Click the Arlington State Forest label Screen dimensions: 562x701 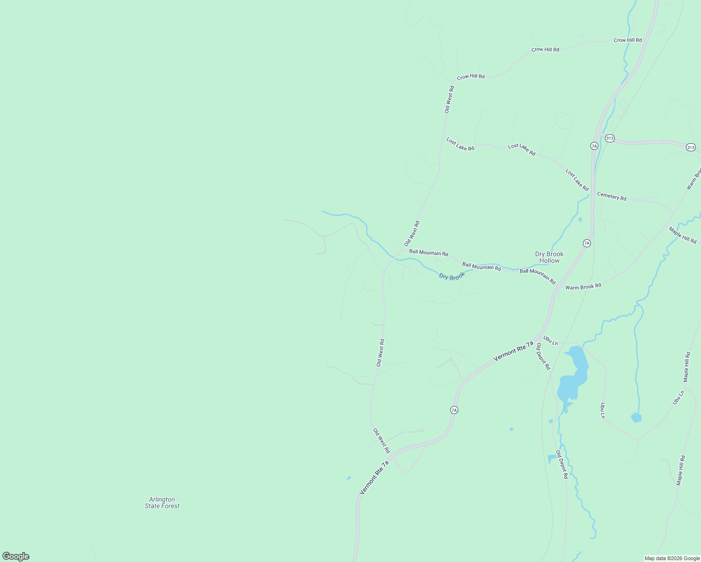(x=162, y=503)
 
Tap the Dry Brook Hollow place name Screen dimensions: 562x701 (x=549, y=257)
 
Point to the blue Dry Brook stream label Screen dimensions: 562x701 (x=452, y=276)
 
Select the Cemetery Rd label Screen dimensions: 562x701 (x=612, y=196)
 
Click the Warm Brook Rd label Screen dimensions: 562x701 (x=583, y=287)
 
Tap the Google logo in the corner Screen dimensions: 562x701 (x=15, y=556)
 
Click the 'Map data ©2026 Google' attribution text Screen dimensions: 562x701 (x=672, y=558)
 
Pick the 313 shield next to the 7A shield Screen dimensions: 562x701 (x=609, y=138)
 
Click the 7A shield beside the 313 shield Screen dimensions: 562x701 (x=594, y=146)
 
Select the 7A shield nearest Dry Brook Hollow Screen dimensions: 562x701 (x=587, y=243)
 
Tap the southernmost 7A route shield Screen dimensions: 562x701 (x=454, y=410)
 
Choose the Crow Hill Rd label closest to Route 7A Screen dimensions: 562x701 (x=627, y=40)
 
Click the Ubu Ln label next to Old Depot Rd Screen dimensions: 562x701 (x=551, y=340)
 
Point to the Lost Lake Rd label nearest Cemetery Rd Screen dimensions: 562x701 (x=577, y=180)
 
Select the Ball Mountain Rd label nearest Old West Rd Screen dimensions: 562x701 (x=428, y=252)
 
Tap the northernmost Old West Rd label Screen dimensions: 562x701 (x=449, y=99)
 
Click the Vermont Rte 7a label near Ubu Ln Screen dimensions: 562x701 (x=513, y=351)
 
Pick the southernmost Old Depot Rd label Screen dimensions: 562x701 (x=561, y=464)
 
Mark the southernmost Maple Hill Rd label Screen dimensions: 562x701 (x=681, y=470)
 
